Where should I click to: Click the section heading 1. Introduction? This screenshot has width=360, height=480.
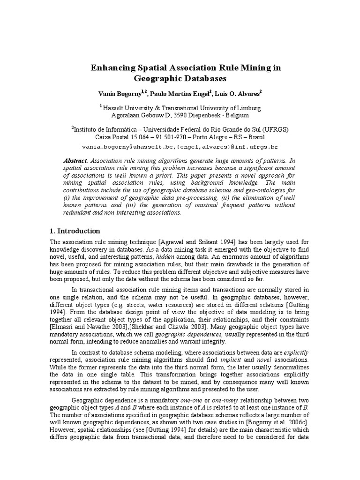point(75,231)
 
